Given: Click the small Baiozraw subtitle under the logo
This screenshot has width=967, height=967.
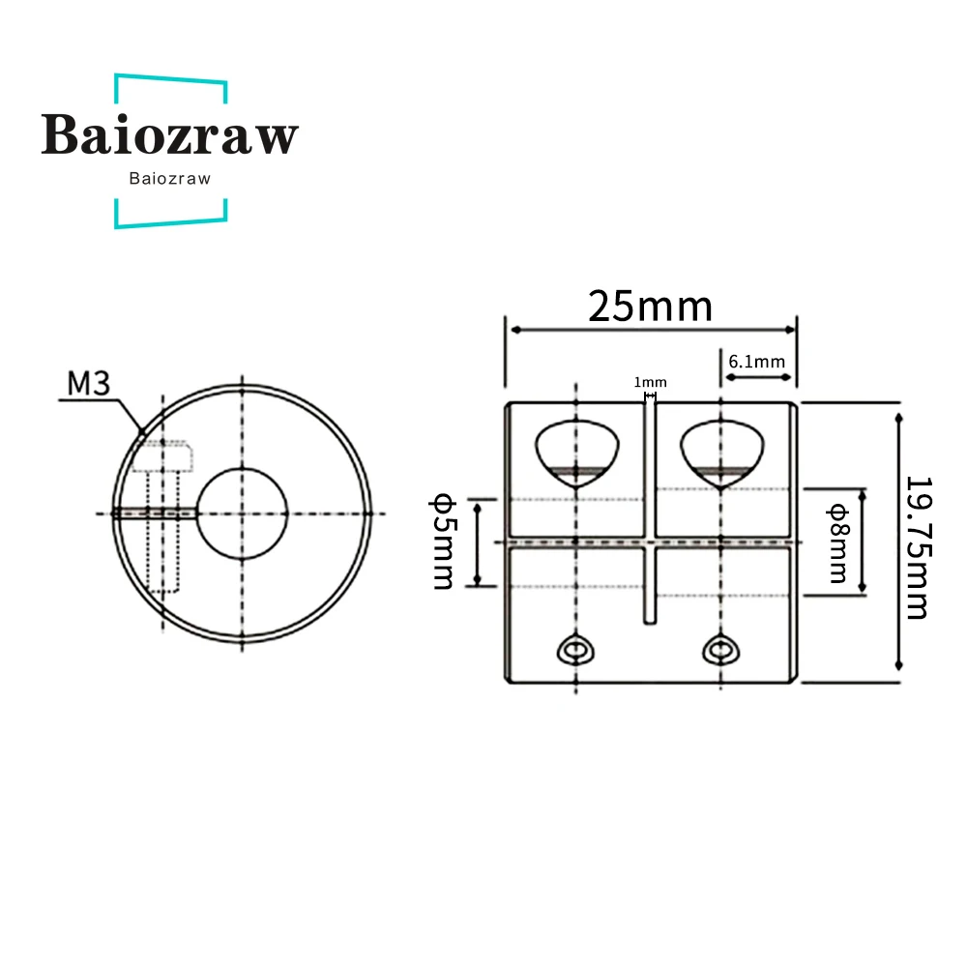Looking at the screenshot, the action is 170,179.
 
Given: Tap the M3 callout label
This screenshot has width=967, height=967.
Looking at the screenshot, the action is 89,383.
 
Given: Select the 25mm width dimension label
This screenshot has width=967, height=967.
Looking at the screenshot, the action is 650,307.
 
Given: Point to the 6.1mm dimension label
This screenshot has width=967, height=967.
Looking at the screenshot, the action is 757,362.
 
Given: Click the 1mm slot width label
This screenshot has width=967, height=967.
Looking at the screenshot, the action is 650,382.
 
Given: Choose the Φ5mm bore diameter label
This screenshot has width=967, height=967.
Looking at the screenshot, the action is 444,541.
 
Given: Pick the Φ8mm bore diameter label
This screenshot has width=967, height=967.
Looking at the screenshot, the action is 838,543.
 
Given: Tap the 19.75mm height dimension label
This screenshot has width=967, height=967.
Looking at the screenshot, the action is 919,547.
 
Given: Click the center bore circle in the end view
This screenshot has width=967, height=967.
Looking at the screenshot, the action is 242,469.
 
